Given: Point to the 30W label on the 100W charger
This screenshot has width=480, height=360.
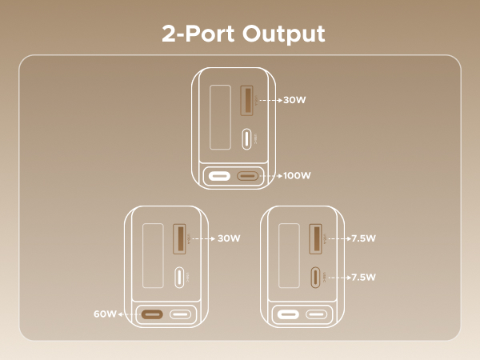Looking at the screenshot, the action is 295,102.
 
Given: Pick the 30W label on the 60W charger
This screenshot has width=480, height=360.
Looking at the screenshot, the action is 229,238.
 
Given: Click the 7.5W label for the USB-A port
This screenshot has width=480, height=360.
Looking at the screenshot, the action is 363,238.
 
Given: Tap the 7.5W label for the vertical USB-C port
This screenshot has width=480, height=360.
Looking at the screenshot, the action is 363,277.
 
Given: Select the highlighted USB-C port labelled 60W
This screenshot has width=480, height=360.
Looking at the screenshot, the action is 152,314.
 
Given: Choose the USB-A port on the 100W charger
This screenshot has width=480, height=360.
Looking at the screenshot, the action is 247,102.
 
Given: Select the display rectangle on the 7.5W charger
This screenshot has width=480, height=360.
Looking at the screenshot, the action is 288,256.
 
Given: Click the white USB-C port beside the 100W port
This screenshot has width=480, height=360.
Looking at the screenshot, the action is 218,174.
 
